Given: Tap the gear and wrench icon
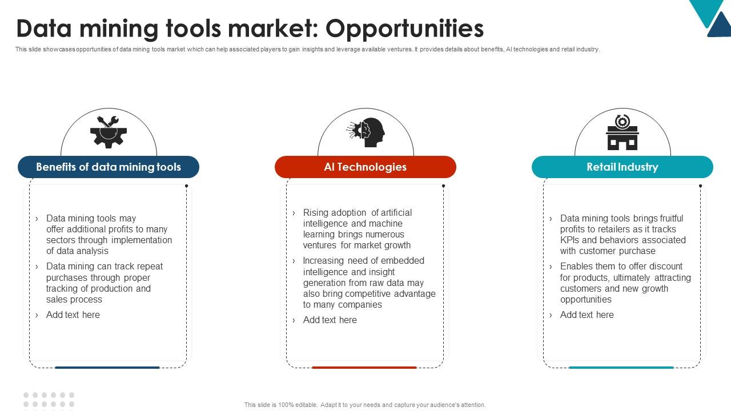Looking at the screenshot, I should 108,132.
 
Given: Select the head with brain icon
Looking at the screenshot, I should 366,132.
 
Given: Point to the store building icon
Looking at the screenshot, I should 622,132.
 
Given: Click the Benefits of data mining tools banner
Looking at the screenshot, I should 109,167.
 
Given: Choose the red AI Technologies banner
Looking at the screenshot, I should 365,167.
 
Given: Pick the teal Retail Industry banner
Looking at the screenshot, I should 622,167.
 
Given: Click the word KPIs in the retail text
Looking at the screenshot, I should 570,240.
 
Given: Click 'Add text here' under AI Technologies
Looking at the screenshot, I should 330,320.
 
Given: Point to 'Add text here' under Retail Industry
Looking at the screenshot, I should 587,315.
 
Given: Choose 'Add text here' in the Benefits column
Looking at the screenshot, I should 73,315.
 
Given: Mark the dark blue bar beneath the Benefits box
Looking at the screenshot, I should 107,368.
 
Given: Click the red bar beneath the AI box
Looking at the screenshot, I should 364,368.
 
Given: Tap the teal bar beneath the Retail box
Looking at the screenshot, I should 621,368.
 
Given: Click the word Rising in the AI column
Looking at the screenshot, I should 316,213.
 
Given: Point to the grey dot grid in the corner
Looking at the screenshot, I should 49,400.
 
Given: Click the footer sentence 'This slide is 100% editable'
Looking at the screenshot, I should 365,405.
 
